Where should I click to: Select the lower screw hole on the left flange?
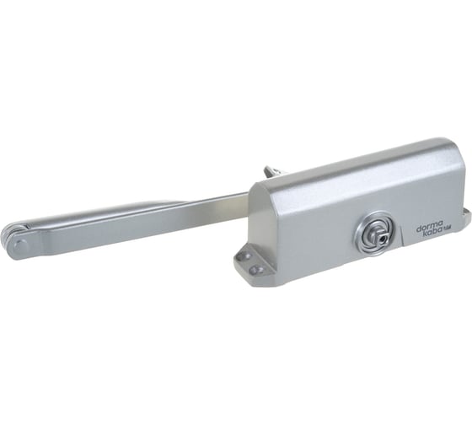(255, 268)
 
